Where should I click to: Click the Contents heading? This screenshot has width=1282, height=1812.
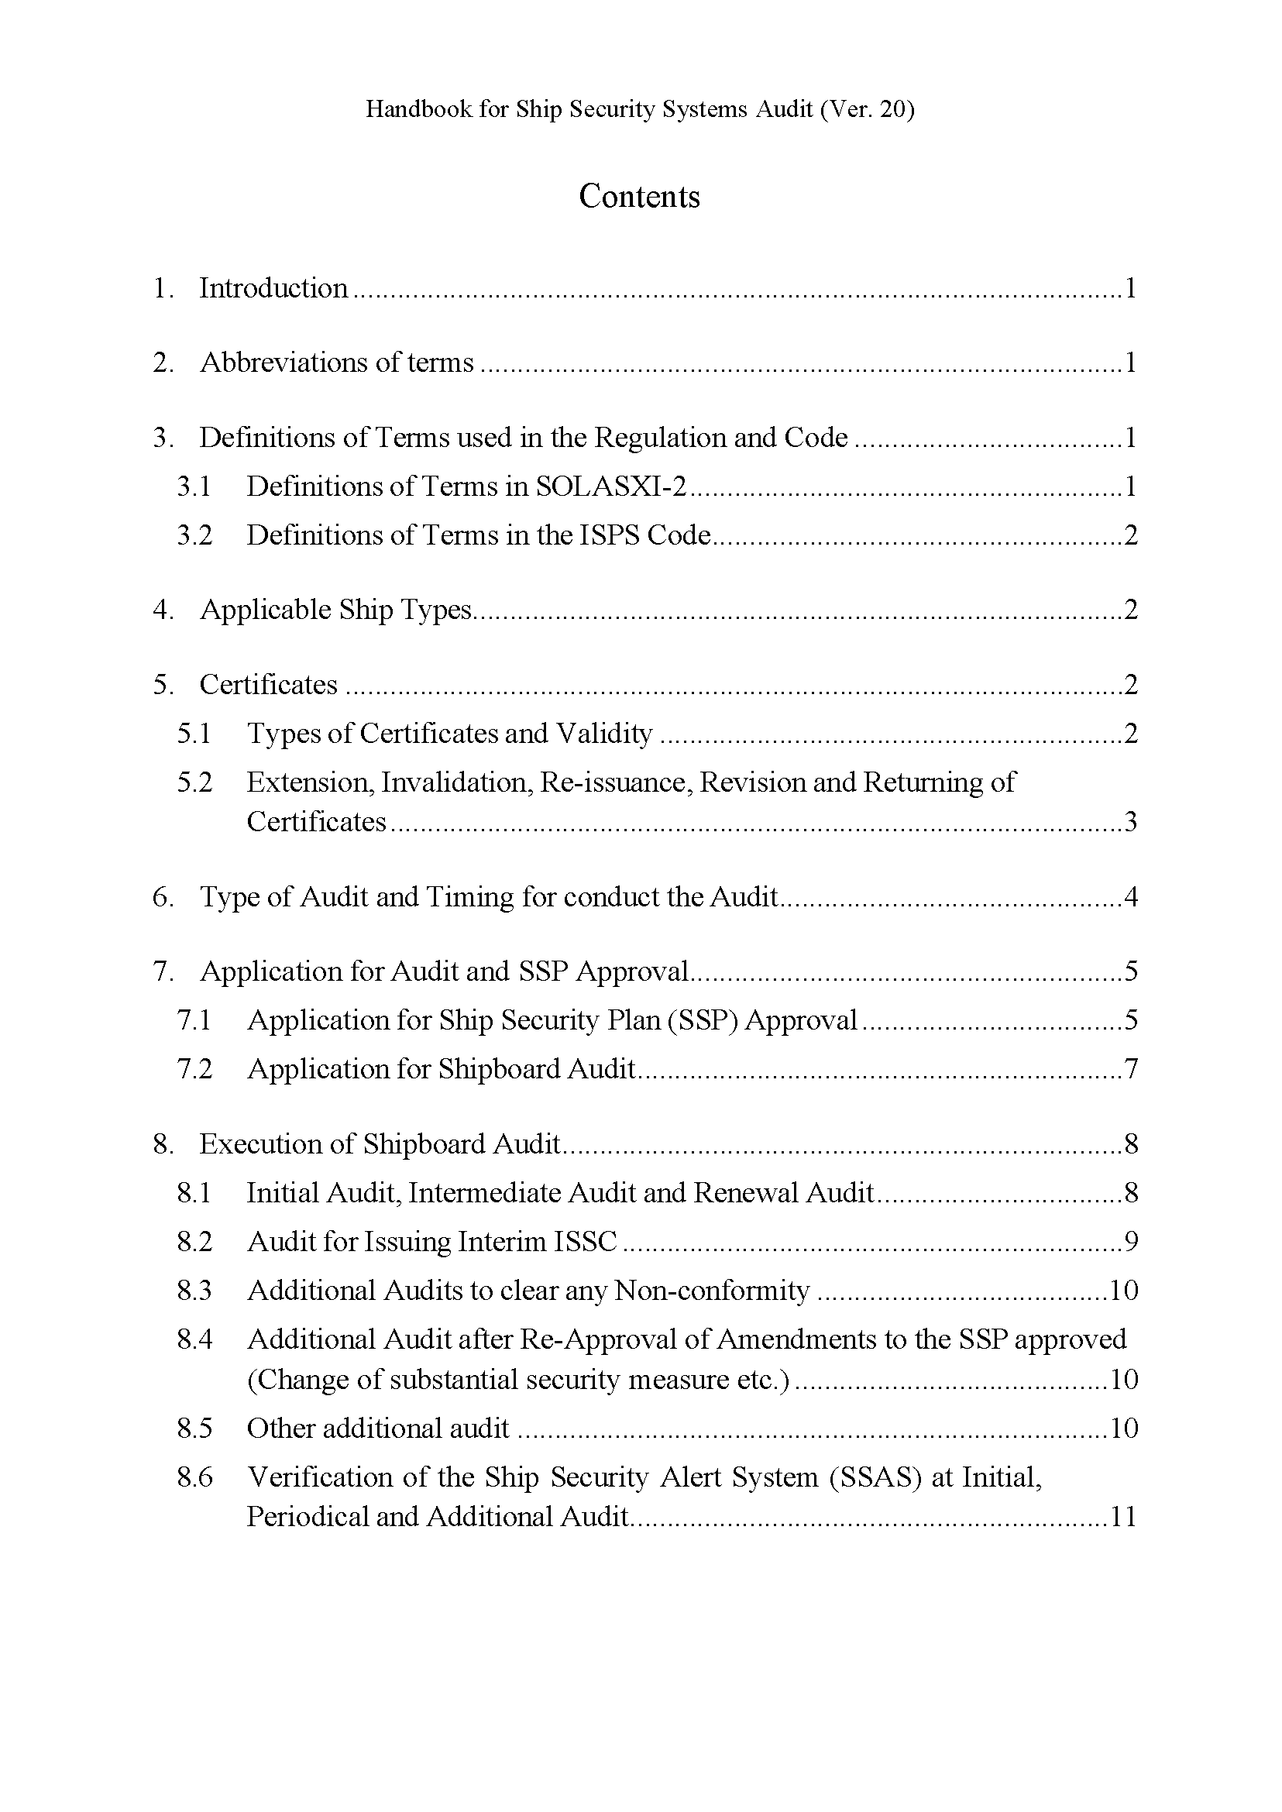(x=639, y=197)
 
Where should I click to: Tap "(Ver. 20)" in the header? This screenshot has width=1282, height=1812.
(x=867, y=109)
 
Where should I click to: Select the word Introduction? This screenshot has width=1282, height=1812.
(x=273, y=288)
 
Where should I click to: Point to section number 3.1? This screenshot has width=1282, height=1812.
(x=194, y=487)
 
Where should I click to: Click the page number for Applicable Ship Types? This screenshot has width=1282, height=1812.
(x=1130, y=610)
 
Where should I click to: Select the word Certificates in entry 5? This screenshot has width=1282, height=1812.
(x=268, y=685)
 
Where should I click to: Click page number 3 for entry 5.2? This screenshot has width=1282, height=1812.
(x=1130, y=822)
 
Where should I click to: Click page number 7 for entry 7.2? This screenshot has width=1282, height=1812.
(x=1130, y=1069)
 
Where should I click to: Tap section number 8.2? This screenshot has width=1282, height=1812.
(x=194, y=1242)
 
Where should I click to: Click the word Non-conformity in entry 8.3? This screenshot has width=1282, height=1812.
(x=711, y=1291)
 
